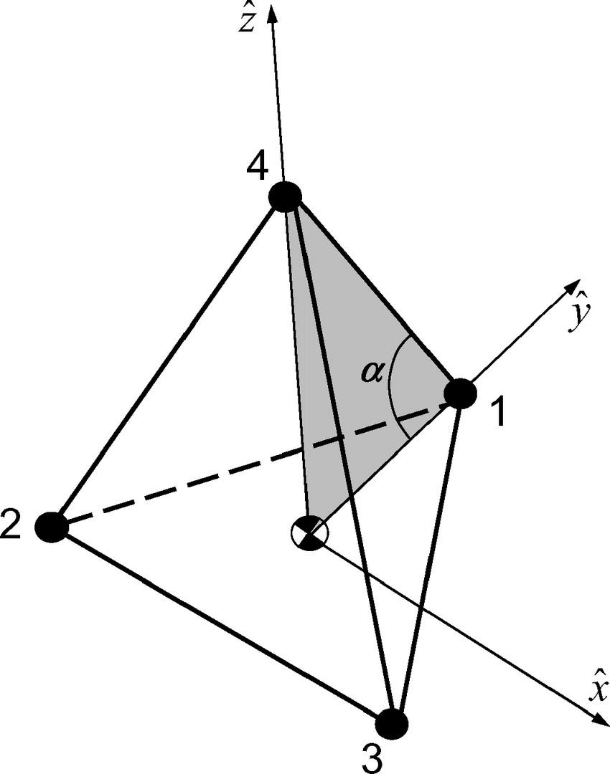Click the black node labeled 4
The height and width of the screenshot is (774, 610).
click(285, 196)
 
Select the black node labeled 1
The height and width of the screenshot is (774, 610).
click(460, 393)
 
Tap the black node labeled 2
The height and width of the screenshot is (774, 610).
click(52, 527)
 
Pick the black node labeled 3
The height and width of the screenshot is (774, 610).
click(392, 723)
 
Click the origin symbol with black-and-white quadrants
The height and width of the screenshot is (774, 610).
click(309, 533)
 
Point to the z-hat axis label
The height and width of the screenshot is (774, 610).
click(248, 23)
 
